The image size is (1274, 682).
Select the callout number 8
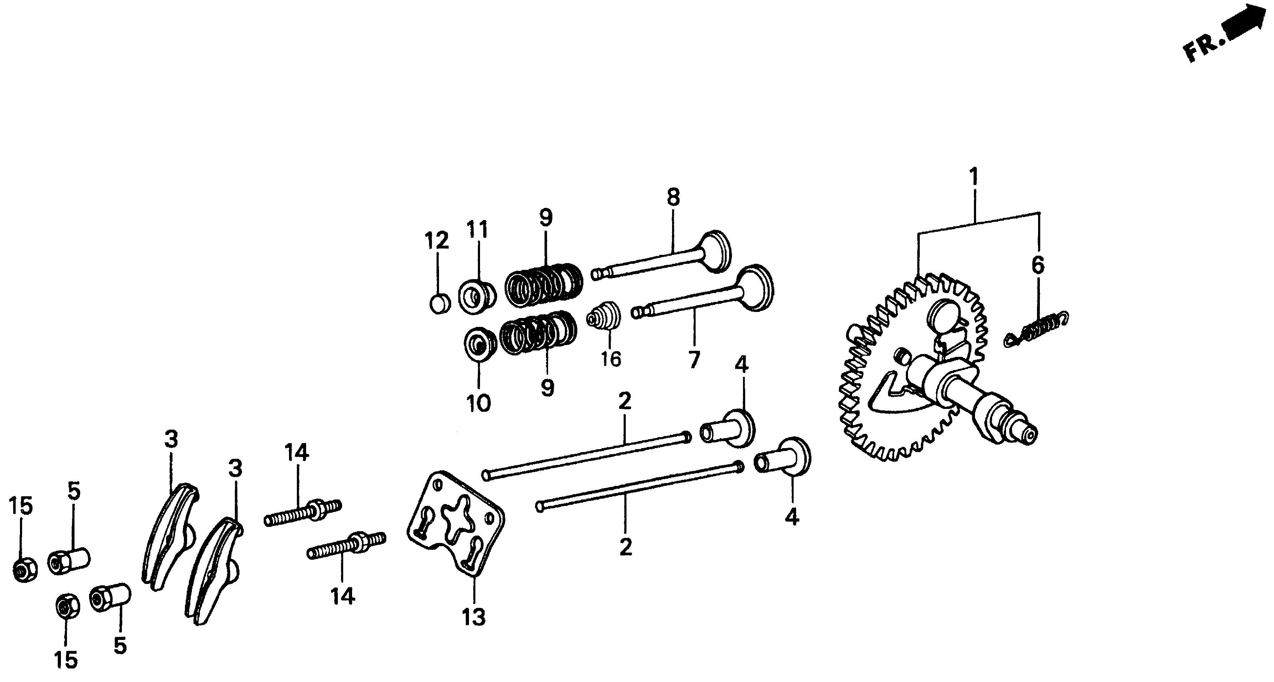(x=673, y=197)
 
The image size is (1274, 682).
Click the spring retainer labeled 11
(x=477, y=297)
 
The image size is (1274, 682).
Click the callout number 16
(x=611, y=359)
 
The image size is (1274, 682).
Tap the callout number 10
(x=478, y=403)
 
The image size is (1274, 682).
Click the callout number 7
(x=694, y=359)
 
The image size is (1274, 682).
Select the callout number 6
(x=1038, y=265)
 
